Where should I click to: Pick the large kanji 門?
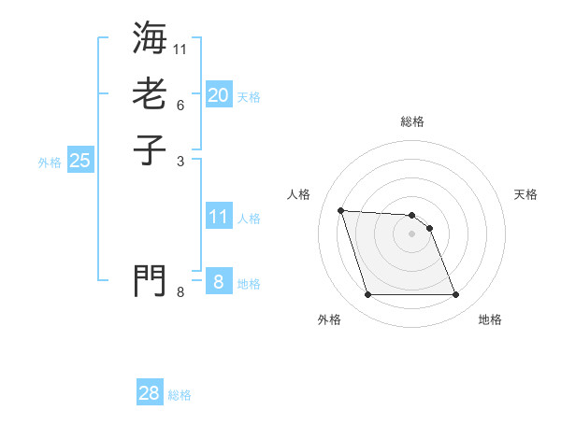click(150, 280)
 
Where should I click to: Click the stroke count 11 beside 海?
click(180, 48)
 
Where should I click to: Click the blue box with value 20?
click(219, 95)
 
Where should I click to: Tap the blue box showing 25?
click(80, 161)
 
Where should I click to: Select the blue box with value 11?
click(219, 217)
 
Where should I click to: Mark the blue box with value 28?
click(150, 393)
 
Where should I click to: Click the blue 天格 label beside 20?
click(249, 97)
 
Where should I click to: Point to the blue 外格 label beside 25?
click(50, 163)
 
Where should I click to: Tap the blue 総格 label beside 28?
click(180, 395)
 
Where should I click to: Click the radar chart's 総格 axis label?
click(412, 121)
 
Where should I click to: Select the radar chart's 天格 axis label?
click(526, 194)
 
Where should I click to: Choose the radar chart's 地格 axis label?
click(490, 319)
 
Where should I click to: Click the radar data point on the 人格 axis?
click(341, 210)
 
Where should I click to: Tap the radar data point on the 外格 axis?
click(367, 295)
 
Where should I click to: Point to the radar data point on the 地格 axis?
click(455, 295)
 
